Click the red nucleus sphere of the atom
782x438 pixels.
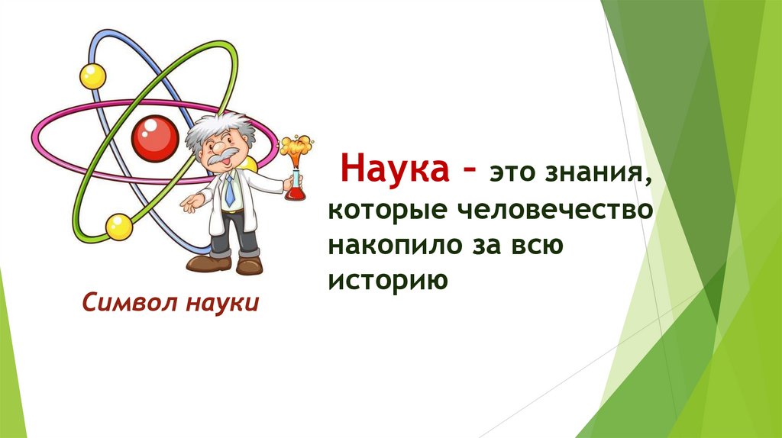(x=154, y=138)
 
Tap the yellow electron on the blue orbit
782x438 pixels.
(x=92, y=76)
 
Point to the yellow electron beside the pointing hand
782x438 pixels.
(x=118, y=226)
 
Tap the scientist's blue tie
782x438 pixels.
(x=230, y=190)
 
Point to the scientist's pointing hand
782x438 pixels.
(x=191, y=202)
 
